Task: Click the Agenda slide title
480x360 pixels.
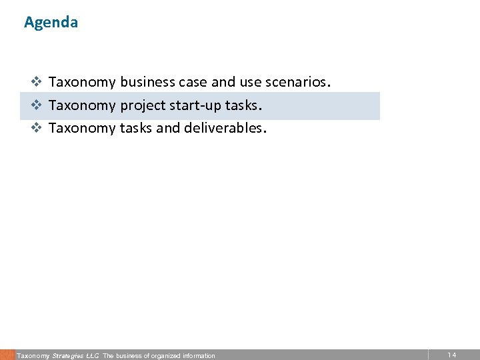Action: (51, 22)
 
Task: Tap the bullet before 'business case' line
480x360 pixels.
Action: (37, 83)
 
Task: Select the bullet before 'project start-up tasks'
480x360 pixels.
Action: (37, 105)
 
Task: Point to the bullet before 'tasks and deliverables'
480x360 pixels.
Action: (37, 128)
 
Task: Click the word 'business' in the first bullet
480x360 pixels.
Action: (147, 83)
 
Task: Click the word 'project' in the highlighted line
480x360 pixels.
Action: (142, 105)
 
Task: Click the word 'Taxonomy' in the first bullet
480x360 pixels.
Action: (83, 83)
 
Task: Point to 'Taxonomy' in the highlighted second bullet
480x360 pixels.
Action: (83, 105)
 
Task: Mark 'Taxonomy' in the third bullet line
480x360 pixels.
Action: (83, 128)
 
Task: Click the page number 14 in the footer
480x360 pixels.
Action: (452, 355)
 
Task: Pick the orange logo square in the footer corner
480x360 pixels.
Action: (7, 355)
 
